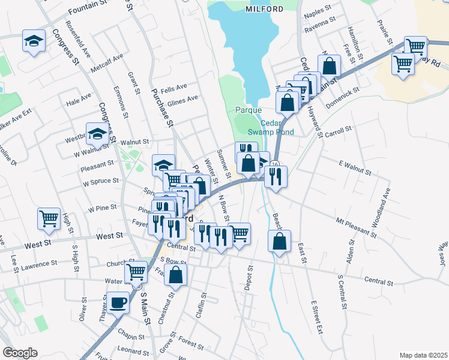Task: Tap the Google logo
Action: click(x=20, y=353)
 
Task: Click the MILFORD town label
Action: click(x=265, y=9)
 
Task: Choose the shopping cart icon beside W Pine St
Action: click(x=49, y=220)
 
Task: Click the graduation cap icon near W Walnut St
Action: click(x=97, y=134)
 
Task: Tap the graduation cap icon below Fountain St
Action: click(x=34, y=41)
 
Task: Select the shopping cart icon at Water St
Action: click(x=136, y=271)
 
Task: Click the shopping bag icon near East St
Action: click(x=280, y=241)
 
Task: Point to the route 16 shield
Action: click(x=275, y=164)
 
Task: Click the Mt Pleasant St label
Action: click(x=356, y=227)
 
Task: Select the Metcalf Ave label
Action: click(x=107, y=62)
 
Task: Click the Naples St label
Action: click(x=318, y=10)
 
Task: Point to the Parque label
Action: click(x=248, y=110)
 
